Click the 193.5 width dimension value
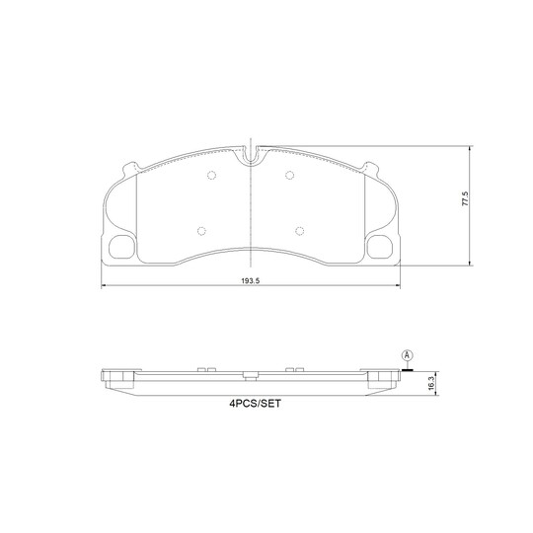pyautogui.click(x=251, y=281)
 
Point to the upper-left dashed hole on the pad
pyautogui.click(x=211, y=177)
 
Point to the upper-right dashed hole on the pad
pyautogui.click(x=288, y=177)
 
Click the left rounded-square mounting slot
pyautogui.click(x=125, y=248)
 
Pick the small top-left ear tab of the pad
pyautogui.click(x=129, y=167)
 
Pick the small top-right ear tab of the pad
pyautogui.click(x=372, y=167)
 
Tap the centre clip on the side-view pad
pyautogui.click(x=251, y=375)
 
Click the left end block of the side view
pyautogui.click(x=116, y=377)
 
